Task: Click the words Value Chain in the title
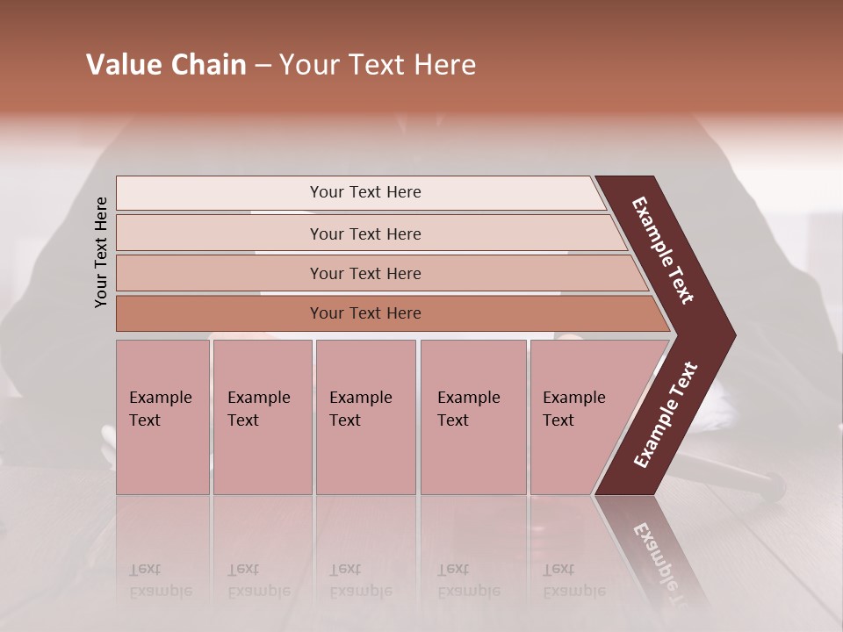[x=166, y=65]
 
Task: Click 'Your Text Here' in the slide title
[x=378, y=65]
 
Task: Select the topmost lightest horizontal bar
[x=364, y=192]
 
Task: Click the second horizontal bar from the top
[x=365, y=233]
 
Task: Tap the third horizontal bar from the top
[x=365, y=273]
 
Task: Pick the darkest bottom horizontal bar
[x=365, y=313]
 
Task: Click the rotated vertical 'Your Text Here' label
[x=101, y=252]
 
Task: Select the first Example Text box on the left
[x=162, y=417]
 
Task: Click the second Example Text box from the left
[x=262, y=417]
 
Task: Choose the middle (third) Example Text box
[x=364, y=417]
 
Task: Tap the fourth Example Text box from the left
[x=472, y=417]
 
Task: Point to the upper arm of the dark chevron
[x=664, y=250]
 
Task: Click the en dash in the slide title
[x=263, y=66]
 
